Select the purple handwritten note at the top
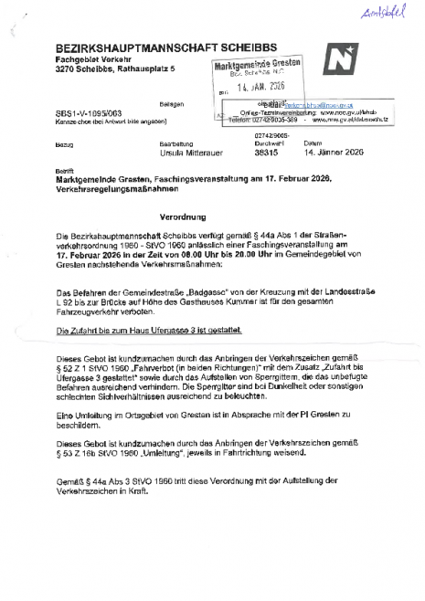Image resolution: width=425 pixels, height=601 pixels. [379, 12]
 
